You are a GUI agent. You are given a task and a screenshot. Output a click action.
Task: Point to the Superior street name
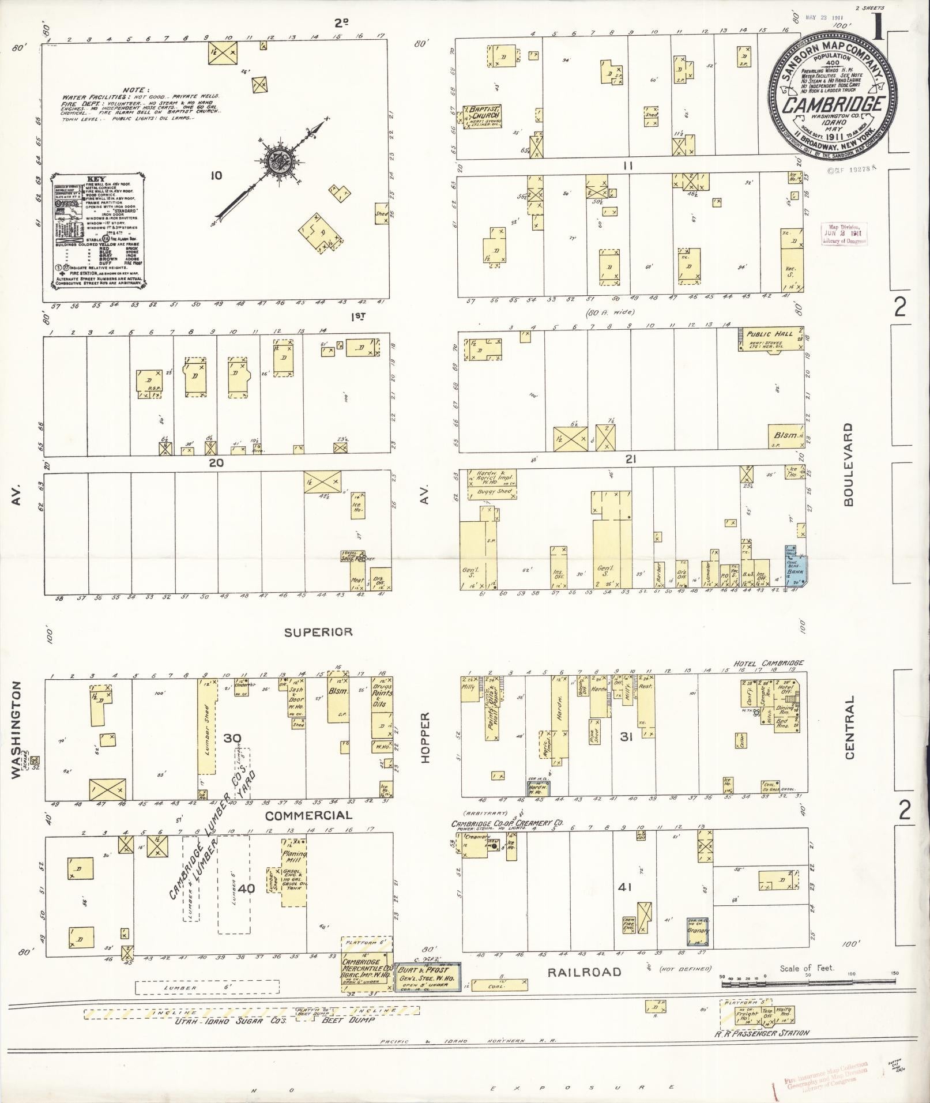(318, 632)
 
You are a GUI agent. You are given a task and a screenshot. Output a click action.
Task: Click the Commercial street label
(308, 815)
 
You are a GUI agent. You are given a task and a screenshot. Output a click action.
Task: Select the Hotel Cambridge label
(768, 664)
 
